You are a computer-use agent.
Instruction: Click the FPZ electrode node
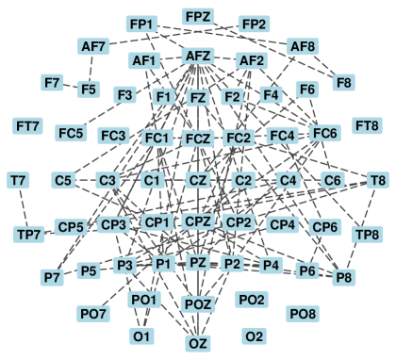(x=199, y=17)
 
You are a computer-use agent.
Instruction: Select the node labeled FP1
(x=144, y=24)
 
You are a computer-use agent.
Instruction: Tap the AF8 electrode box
(x=303, y=46)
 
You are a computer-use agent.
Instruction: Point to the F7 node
(x=53, y=82)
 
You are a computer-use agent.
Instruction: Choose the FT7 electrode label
(x=28, y=125)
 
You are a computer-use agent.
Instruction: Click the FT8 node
(x=366, y=125)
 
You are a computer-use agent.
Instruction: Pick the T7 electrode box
(x=18, y=179)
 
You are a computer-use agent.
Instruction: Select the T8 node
(x=377, y=179)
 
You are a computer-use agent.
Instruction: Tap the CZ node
(x=198, y=179)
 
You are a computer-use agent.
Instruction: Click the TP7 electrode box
(x=29, y=234)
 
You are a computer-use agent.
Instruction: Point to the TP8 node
(x=366, y=234)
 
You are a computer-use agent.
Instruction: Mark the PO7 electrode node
(x=94, y=312)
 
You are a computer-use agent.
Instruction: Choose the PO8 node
(x=303, y=312)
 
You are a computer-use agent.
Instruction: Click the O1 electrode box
(x=142, y=335)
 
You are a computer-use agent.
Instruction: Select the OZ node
(x=198, y=343)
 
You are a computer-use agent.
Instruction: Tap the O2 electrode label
(x=254, y=335)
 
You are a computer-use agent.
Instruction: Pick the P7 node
(x=52, y=277)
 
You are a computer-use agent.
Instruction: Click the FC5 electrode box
(x=72, y=133)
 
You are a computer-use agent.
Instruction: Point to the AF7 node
(x=94, y=46)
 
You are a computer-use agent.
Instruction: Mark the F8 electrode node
(x=344, y=82)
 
